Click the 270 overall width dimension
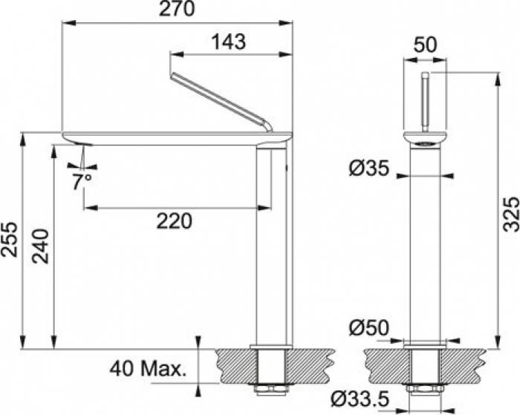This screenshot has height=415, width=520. tap(177, 9)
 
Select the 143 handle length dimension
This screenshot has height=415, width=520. tap(229, 42)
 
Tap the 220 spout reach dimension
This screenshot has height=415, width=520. tap(174, 221)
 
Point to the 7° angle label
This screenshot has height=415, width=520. tap(82, 182)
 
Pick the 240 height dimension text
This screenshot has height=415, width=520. tap(40, 246)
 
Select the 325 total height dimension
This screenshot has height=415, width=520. tap(511, 214)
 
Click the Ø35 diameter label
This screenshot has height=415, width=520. tap(368, 169)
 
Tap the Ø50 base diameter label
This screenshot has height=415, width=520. tap(368, 328)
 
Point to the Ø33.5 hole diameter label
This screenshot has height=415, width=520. tap(360, 399)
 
